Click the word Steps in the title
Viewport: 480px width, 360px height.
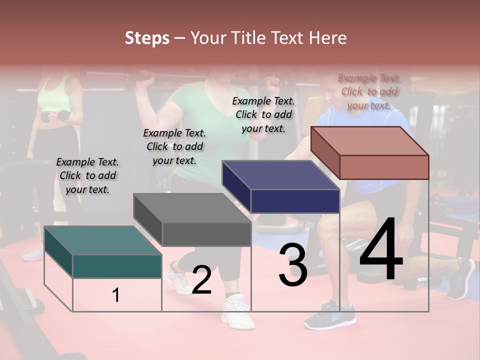(147, 38)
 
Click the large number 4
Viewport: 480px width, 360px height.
(381, 249)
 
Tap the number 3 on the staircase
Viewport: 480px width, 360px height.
(293, 265)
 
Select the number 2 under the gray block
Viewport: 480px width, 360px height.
(201, 280)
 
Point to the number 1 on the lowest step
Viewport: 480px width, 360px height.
(116, 295)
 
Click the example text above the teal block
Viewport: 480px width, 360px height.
(87, 175)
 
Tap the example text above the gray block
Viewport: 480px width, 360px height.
(174, 146)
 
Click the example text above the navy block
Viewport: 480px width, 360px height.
(263, 114)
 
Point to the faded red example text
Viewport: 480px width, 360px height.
(369, 91)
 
